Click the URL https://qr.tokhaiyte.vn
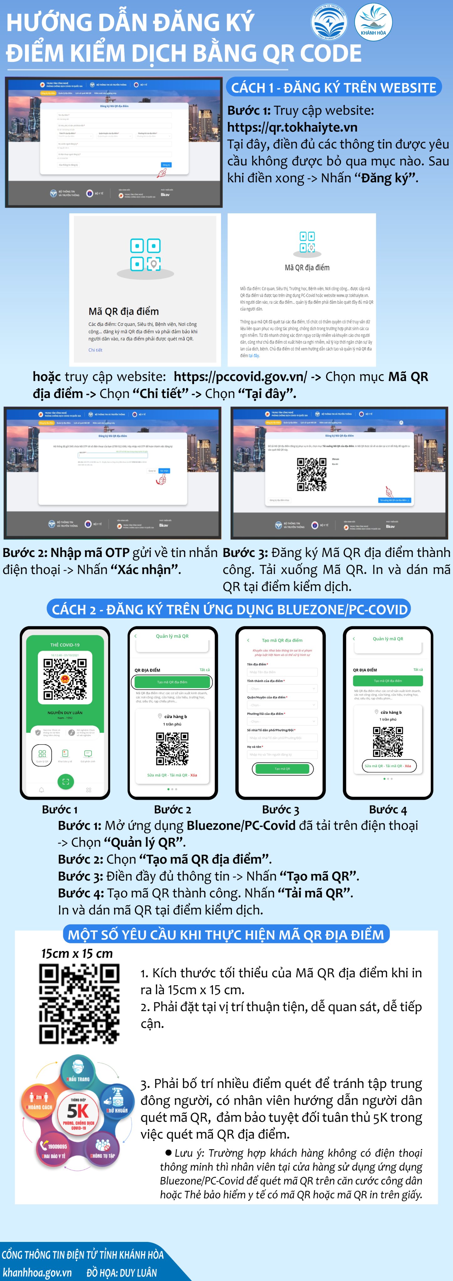[292, 127]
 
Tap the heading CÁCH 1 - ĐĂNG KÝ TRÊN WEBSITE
[333, 88]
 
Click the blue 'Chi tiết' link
[95, 350]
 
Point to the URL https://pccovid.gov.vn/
[240, 377]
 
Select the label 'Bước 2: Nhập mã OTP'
[66, 553]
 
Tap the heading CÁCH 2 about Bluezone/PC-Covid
[229, 610]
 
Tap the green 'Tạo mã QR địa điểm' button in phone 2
[172, 682]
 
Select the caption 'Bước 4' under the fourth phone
[388, 810]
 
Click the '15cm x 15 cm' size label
[77, 953]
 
